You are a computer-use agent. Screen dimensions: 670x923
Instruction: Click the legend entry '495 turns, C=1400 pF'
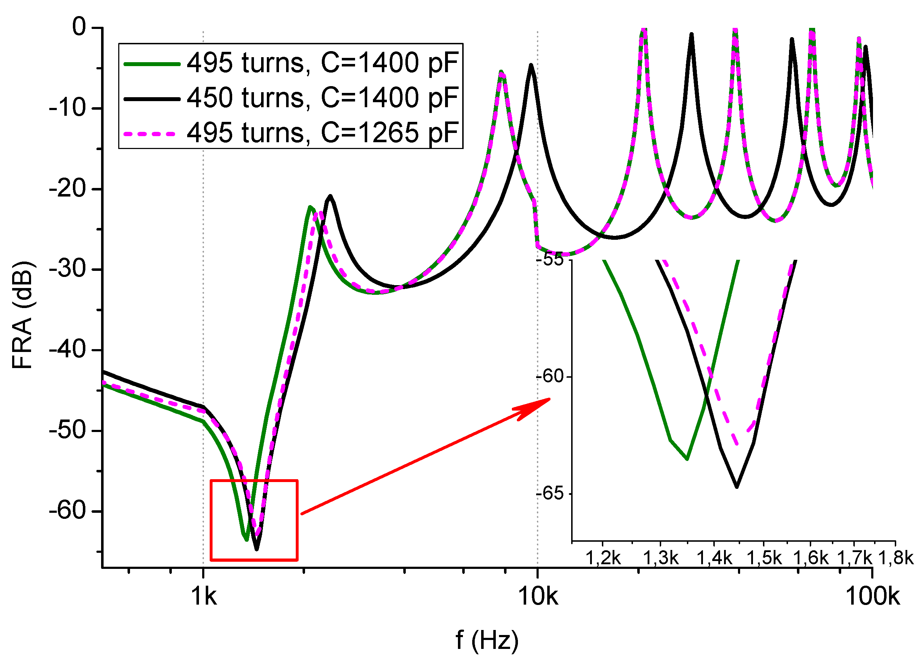pyautogui.click(x=322, y=64)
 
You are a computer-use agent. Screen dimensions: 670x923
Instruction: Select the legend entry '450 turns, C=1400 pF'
pyautogui.click(x=322, y=99)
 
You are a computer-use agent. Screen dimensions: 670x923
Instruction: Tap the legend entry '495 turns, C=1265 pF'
pyautogui.click(x=322, y=133)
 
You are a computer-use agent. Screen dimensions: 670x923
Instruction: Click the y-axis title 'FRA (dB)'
pyautogui.click(x=23, y=316)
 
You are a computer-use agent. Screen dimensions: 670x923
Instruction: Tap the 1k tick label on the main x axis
pyautogui.click(x=204, y=597)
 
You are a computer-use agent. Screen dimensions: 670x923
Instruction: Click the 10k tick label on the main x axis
pyautogui.click(x=538, y=597)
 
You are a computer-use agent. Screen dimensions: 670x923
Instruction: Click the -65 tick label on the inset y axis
pyautogui.click(x=549, y=494)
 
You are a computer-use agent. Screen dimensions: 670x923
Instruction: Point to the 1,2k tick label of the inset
pyautogui.click(x=603, y=558)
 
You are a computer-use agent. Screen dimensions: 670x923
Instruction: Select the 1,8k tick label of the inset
pyautogui.click(x=896, y=558)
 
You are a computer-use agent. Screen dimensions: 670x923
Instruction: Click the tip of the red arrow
pyautogui.click(x=550, y=399)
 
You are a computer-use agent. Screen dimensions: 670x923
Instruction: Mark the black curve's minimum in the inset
pyautogui.click(x=737, y=487)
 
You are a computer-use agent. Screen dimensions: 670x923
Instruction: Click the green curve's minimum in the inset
pyautogui.click(x=687, y=459)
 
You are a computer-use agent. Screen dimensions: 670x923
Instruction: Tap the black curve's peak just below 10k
pyautogui.click(x=531, y=65)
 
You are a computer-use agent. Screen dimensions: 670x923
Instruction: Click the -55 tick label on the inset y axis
pyautogui.click(x=549, y=260)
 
